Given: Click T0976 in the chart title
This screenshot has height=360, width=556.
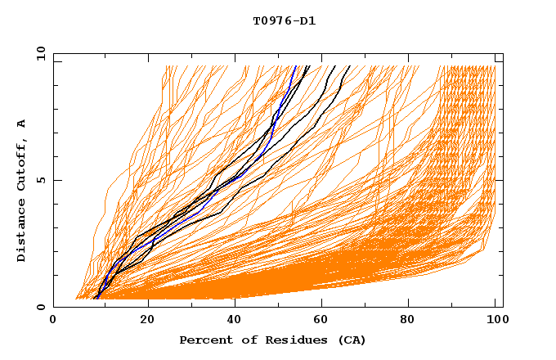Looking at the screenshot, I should point(270,20).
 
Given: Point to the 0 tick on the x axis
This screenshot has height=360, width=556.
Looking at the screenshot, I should point(53,321).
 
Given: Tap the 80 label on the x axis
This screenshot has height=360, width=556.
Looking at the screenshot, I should point(410,321).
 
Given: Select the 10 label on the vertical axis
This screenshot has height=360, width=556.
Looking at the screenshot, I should point(39,53).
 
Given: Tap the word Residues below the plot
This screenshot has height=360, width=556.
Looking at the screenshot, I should point(287,340).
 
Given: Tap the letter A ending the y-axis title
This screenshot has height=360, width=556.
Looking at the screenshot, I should point(22,123).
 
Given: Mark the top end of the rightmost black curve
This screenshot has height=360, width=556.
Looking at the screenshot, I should point(349,66).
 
